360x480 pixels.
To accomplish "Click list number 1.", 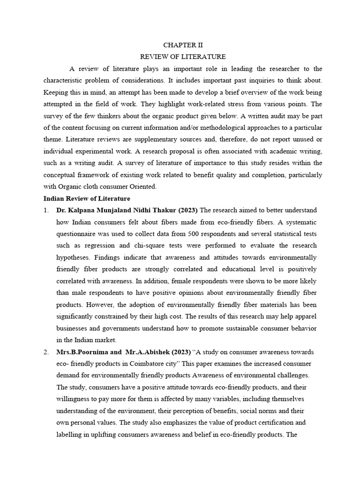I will [46, 210].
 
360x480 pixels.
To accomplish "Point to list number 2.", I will [46, 352].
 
